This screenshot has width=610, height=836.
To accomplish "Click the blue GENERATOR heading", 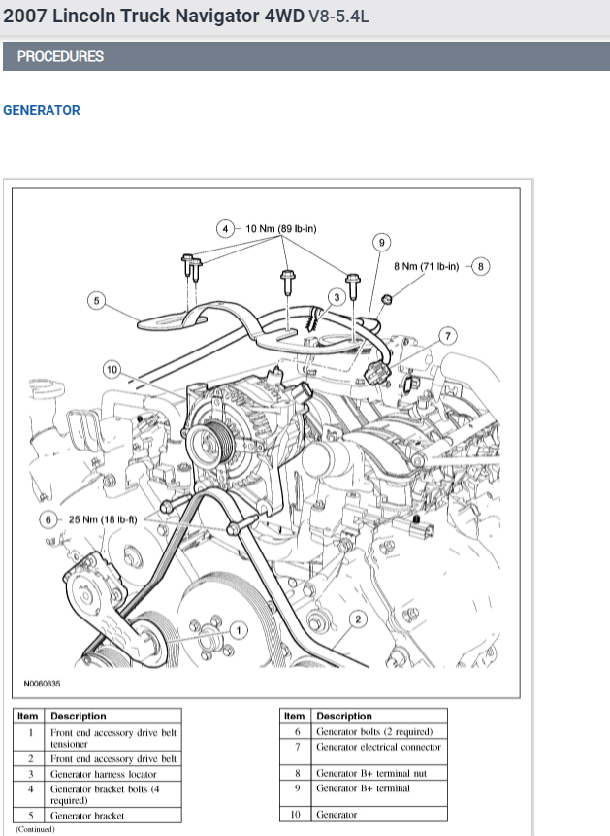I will [x=42, y=110].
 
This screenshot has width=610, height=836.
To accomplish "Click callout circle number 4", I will [x=225, y=229].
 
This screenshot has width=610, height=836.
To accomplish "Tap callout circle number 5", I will [x=95, y=300].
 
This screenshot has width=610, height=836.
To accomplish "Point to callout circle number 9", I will [x=382, y=242].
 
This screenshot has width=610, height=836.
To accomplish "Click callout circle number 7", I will [x=447, y=336].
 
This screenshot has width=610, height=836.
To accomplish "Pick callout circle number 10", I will [x=112, y=369].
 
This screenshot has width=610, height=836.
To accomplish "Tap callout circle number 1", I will [x=240, y=629].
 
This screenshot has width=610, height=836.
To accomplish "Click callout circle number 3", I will [x=336, y=296].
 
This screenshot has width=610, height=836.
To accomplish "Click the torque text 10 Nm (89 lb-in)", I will [x=280, y=229].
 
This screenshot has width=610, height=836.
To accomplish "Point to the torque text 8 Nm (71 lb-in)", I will [x=426, y=265].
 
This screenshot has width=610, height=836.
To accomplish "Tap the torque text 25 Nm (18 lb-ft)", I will [x=102, y=519].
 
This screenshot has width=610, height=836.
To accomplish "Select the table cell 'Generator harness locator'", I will [x=103, y=774].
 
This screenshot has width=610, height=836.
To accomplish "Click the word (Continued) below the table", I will [x=35, y=829].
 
